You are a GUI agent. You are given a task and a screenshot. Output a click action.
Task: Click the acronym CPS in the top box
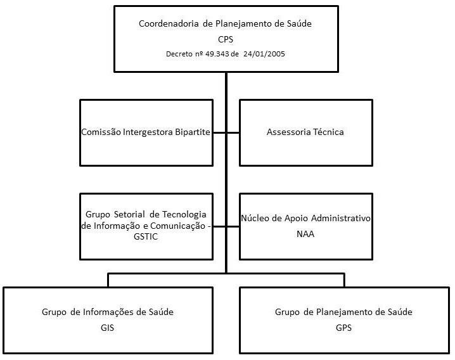tap(226, 39)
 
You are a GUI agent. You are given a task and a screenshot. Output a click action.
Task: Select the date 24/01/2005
tap(264, 53)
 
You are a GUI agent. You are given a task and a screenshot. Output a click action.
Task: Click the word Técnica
tap(326, 132)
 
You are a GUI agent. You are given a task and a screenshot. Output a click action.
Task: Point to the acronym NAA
tap(305, 233)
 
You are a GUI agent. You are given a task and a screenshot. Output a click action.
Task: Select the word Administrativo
tap(340, 218)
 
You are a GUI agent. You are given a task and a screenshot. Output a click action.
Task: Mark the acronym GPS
tap(343, 328)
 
